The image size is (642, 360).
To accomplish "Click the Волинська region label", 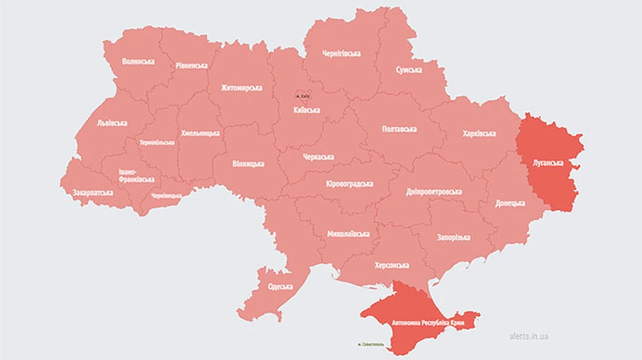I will (x=138, y=61).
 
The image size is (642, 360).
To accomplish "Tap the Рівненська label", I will (x=191, y=65).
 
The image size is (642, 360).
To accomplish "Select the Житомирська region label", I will (x=241, y=88).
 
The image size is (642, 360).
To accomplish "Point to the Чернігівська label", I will (x=341, y=53).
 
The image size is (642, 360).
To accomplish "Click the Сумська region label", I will (x=409, y=70).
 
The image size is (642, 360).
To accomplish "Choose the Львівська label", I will (x=112, y=123).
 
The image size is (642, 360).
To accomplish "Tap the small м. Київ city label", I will (x=304, y=96).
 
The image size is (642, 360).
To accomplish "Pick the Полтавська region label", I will (x=399, y=129).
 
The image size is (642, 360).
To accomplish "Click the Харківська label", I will (x=479, y=133).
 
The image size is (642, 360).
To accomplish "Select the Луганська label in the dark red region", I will (x=548, y=163).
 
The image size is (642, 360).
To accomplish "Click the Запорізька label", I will (x=453, y=237).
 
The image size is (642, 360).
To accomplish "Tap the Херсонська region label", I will (x=392, y=265).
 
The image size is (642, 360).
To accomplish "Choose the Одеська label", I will (x=280, y=287).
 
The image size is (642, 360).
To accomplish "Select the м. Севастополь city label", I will (x=370, y=344).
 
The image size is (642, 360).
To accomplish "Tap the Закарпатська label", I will (x=93, y=192).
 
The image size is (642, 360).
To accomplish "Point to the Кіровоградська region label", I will (x=350, y=184).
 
